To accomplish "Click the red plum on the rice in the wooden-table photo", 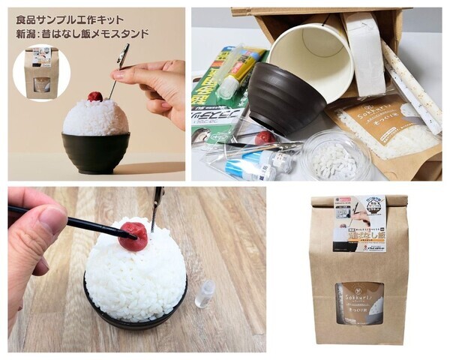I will click(x=133, y=235).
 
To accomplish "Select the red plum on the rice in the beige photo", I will click(x=95, y=96).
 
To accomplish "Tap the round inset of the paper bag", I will click(x=42, y=74).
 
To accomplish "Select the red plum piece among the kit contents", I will click(x=264, y=138).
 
